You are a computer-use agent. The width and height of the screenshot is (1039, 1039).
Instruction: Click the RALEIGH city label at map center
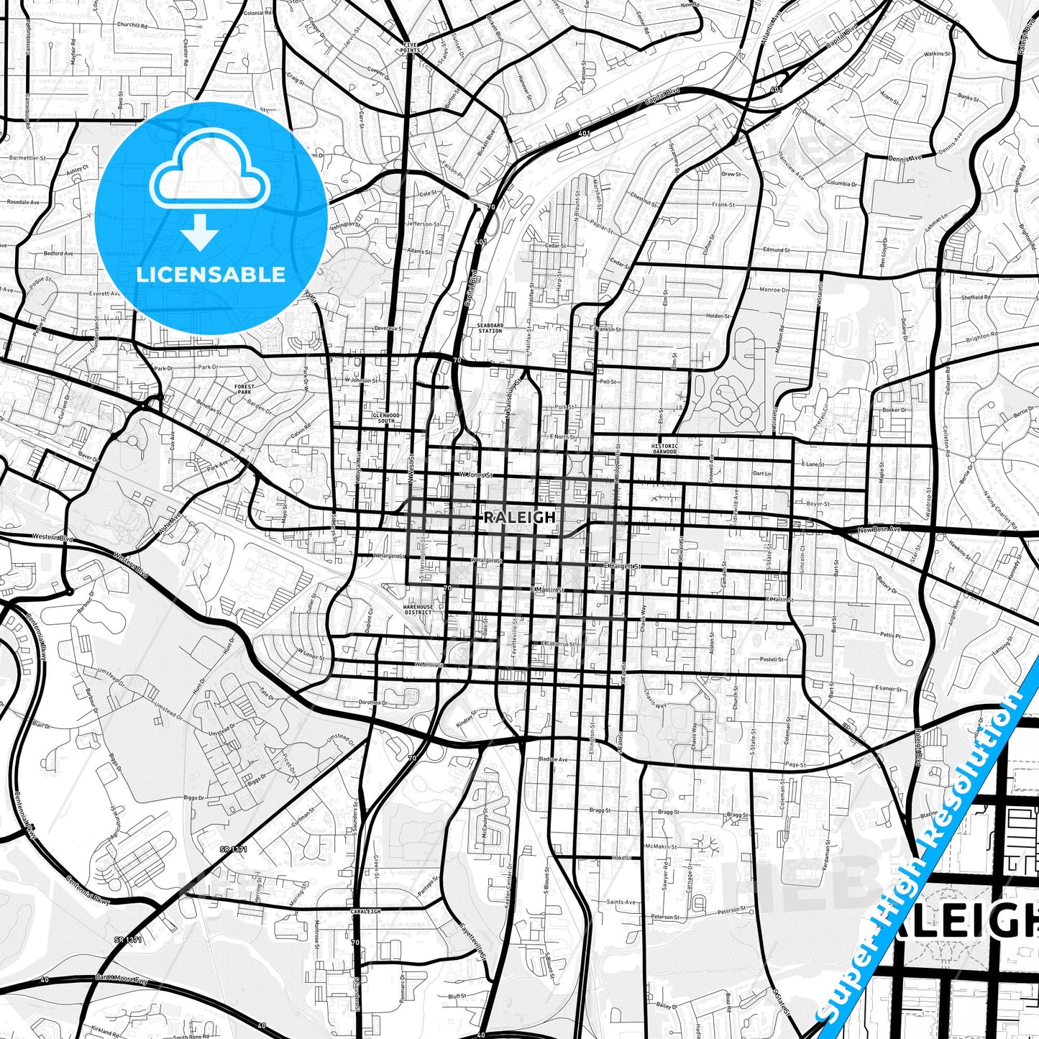click(510, 517)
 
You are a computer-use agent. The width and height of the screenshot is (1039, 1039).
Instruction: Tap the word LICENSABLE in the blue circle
click(211, 274)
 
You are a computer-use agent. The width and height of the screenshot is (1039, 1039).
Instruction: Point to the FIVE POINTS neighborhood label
click(410, 47)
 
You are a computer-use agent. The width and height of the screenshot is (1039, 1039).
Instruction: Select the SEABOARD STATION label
click(490, 328)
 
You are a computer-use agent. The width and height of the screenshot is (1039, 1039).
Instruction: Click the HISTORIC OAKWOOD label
click(664, 449)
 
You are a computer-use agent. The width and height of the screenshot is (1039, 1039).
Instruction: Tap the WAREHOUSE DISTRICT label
click(418, 609)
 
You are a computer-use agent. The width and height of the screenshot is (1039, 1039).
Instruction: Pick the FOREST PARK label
click(244, 389)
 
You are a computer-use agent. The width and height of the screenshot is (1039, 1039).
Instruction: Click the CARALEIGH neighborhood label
click(365, 911)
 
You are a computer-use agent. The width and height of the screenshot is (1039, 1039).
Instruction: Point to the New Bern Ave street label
click(879, 530)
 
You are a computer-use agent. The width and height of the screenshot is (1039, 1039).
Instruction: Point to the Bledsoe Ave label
click(553, 759)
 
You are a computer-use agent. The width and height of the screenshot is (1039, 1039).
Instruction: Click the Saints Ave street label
click(621, 902)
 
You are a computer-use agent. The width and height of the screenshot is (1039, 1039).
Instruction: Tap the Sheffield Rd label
click(976, 298)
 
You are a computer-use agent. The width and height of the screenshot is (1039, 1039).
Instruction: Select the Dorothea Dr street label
click(373, 702)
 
